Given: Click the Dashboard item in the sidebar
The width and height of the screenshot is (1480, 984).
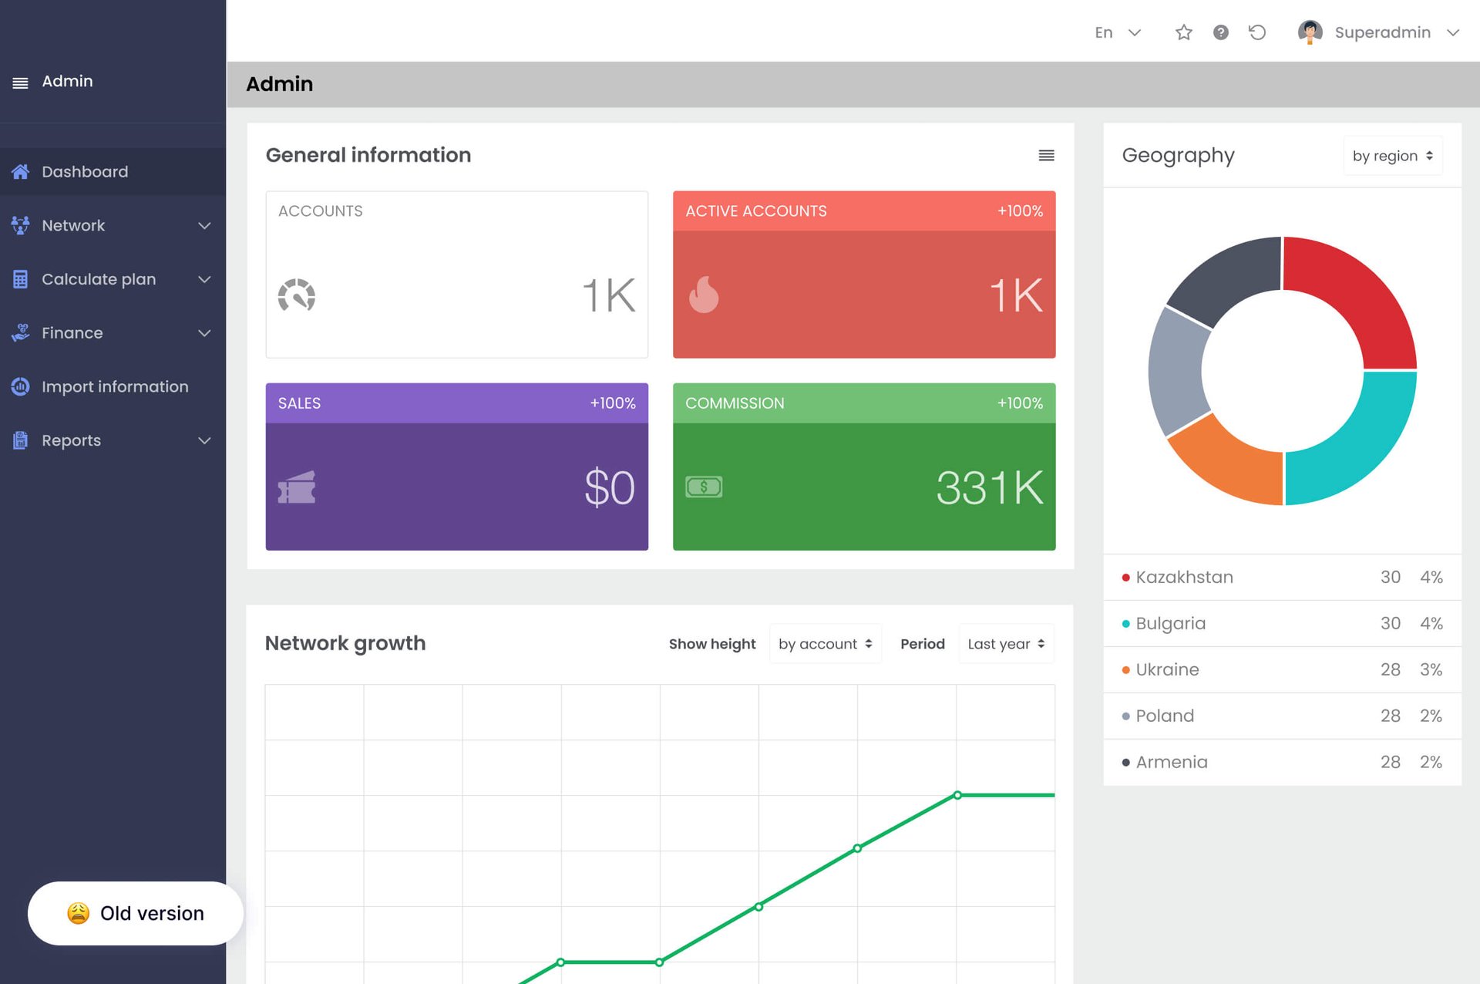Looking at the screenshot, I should click(x=85, y=172).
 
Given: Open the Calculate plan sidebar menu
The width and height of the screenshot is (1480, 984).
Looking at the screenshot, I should click(x=99, y=279).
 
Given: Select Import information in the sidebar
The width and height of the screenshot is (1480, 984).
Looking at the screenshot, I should click(x=114, y=386).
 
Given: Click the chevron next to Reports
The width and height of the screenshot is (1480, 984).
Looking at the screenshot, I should click(x=204, y=440).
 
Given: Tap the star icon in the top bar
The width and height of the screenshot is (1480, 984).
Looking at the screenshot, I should click(x=1183, y=32).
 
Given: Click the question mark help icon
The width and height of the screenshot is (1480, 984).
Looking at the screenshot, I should click(x=1220, y=32).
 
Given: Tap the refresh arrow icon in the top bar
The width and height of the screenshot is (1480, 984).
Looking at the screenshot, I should click(x=1257, y=32).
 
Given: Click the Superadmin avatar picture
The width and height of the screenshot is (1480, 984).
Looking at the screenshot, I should click(x=1310, y=32).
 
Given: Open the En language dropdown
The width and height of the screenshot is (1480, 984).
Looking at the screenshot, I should click(x=1117, y=32).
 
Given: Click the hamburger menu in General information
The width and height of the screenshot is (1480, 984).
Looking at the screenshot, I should click(x=1046, y=156).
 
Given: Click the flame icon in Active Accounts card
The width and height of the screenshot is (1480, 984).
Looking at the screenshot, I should click(x=703, y=295).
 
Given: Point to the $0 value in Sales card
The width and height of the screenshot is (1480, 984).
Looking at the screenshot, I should click(x=609, y=487).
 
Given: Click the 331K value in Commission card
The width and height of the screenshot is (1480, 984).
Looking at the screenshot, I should click(x=990, y=487).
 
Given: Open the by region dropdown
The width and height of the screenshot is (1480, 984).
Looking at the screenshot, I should click(x=1392, y=156).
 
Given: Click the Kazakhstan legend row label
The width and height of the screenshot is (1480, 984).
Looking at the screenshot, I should click(x=1184, y=577).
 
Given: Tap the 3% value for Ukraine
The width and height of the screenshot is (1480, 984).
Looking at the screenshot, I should click(x=1431, y=669).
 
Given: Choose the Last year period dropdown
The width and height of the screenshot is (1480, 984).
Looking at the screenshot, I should click(x=1006, y=644).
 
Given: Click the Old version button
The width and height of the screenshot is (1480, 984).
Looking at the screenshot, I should click(x=136, y=913).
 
